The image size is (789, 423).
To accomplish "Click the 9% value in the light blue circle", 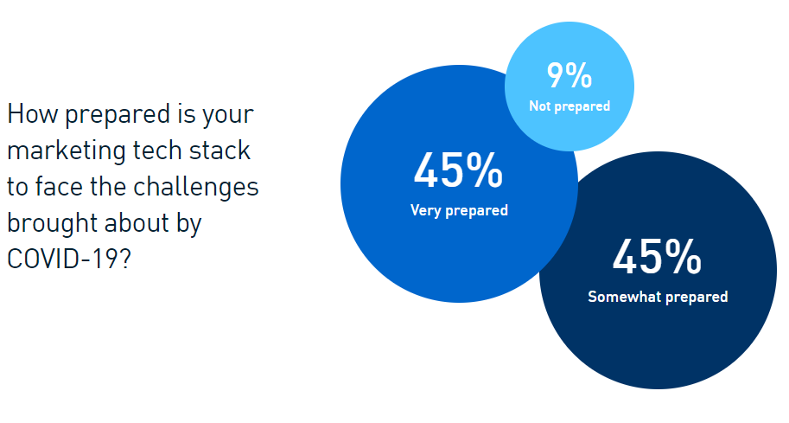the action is (x=569, y=75).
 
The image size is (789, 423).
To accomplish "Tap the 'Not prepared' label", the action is (x=569, y=106).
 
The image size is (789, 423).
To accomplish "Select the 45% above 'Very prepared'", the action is (x=458, y=170).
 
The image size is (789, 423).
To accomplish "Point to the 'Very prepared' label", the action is (x=459, y=210).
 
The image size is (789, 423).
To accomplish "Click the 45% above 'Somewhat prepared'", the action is (x=657, y=257).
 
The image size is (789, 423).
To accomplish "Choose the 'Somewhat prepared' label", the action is (x=658, y=297).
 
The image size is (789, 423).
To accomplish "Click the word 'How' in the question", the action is (x=32, y=114).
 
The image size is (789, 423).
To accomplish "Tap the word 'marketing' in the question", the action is (x=67, y=151).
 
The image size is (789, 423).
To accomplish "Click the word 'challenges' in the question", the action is (x=196, y=188).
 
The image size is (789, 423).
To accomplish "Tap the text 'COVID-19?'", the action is (x=69, y=260).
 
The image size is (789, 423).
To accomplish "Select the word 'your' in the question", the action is (x=228, y=116).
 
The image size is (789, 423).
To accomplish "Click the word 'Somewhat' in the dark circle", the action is (x=624, y=296).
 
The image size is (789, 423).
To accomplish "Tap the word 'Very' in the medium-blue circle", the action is (x=426, y=210).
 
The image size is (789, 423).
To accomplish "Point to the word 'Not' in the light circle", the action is (x=540, y=106).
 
